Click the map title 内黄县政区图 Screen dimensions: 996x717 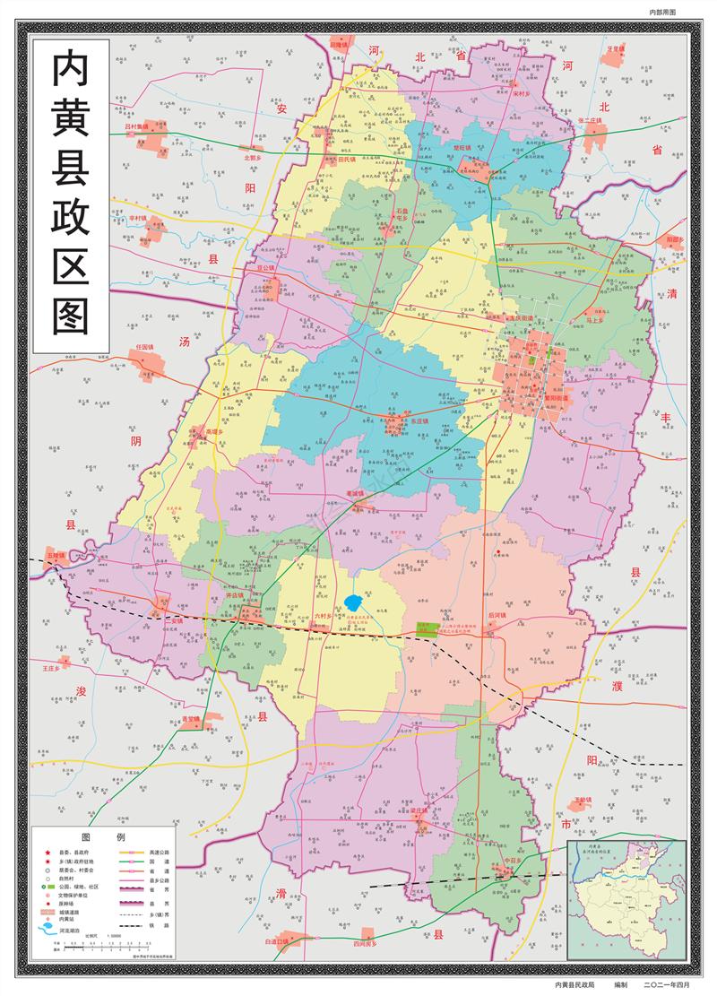pos(71,194)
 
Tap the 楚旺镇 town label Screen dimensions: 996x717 pos(462,149)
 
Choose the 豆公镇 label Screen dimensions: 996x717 pos(265,267)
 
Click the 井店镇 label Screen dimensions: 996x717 pos(235,594)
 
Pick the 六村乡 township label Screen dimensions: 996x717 pos(323,616)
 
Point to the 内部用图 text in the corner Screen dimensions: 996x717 pos(662,12)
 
